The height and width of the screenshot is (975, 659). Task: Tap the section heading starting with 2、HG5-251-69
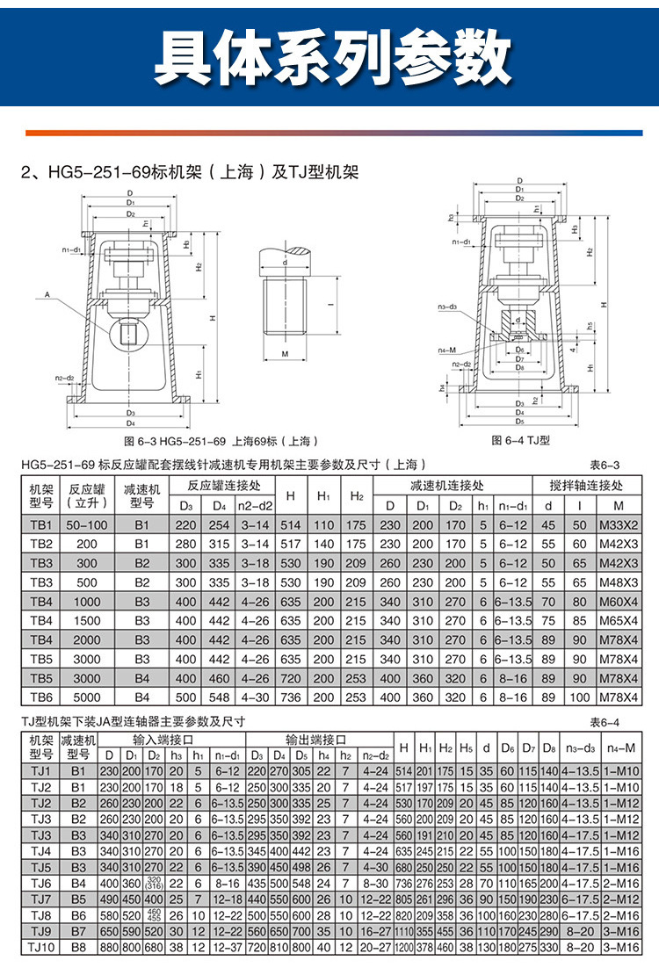click(189, 172)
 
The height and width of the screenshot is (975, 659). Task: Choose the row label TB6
click(41, 697)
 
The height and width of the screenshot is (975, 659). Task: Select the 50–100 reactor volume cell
click(87, 525)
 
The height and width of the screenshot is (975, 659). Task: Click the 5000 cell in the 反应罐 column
click(87, 697)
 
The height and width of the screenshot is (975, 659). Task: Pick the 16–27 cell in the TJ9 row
click(375, 931)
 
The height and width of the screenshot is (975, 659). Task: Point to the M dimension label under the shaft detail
click(286, 353)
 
